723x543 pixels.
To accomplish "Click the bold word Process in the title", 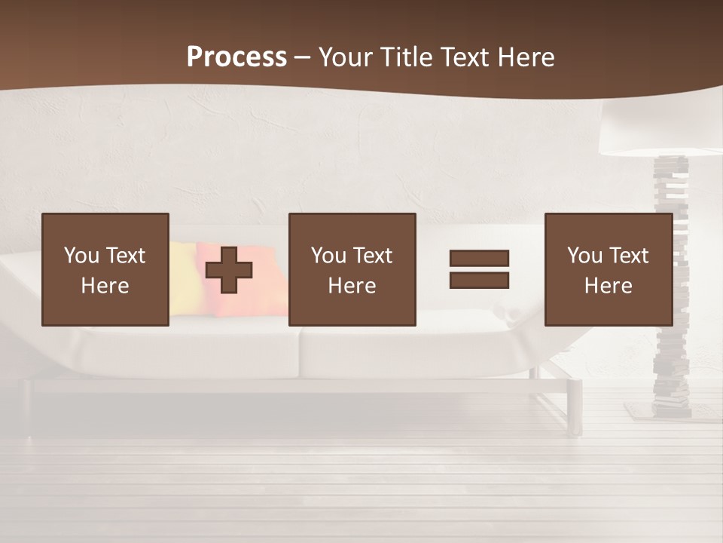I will (x=236, y=57).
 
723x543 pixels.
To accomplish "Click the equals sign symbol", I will (x=479, y=269).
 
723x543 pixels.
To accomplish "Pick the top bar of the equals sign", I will (x=479, y=258).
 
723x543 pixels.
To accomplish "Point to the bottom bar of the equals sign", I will (x=479, y=281).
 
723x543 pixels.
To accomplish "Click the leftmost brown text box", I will (x=105, y=269).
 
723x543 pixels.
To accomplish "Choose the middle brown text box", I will (x=352, y=269).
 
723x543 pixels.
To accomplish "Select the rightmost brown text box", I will (x=608, y=269).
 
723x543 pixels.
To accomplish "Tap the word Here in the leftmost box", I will (x=105, y=286).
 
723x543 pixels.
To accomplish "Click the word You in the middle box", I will (x=328, y=256).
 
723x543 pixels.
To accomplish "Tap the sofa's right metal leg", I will (x=575, y=407).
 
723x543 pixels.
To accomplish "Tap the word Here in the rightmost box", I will (x=608, y=286).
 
